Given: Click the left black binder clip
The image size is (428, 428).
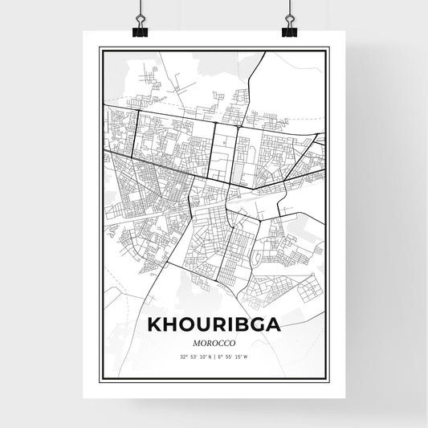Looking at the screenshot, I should pos(140,30).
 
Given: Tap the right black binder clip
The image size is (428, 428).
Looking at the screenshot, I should pos(288,30).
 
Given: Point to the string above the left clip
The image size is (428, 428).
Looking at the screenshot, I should pos(140,8).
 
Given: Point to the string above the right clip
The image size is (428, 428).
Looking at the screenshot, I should pos(288,8).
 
